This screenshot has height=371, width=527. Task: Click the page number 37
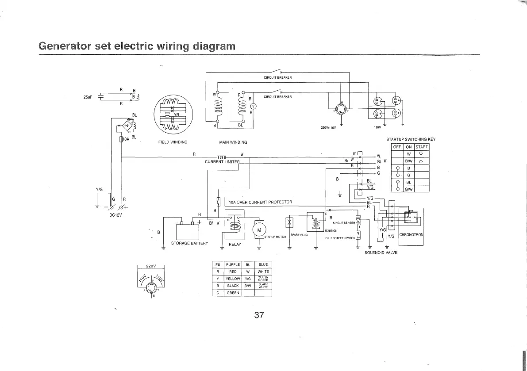click(x=259, y=315)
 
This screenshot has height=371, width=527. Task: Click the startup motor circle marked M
click(x=259, y=230)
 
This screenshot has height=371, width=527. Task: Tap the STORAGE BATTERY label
click(x=189, y=244)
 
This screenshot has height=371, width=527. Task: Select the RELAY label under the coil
click(x=235, y=244)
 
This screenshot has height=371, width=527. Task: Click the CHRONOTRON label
click(x=411, y=234)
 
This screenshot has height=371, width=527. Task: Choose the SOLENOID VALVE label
click(x=381, y=252)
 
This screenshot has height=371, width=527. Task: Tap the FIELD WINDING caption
click(x=173, y=142)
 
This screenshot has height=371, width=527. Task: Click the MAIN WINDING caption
click(x=233, y=142)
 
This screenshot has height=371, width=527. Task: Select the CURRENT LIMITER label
click(x=222, y=161)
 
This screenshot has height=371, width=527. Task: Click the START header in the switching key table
click(x=421, y=147)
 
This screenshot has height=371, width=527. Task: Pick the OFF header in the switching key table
click(x=397, y=147)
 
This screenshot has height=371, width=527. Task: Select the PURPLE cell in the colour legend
click(x=232, y=264)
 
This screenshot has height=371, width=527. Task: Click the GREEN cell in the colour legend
click(x=232, y=293)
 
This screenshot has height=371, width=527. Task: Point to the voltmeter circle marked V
click(x=253, y=106)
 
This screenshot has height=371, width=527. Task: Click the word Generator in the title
click(x=65, y=46)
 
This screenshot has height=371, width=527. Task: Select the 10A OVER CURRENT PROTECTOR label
click(x=260, y=202)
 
